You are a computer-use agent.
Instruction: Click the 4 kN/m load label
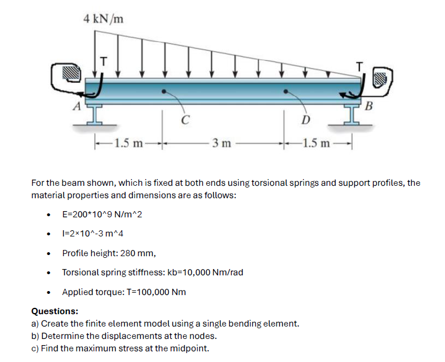tap(103, 19)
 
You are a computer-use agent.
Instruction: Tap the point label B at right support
tap(370, 105)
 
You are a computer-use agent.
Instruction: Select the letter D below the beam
tap(305, 120)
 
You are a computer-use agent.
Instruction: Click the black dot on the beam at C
tap(164, 91)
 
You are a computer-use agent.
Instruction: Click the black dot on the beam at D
tap(286, 91)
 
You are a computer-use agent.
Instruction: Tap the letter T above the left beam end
tap(103, 57)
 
